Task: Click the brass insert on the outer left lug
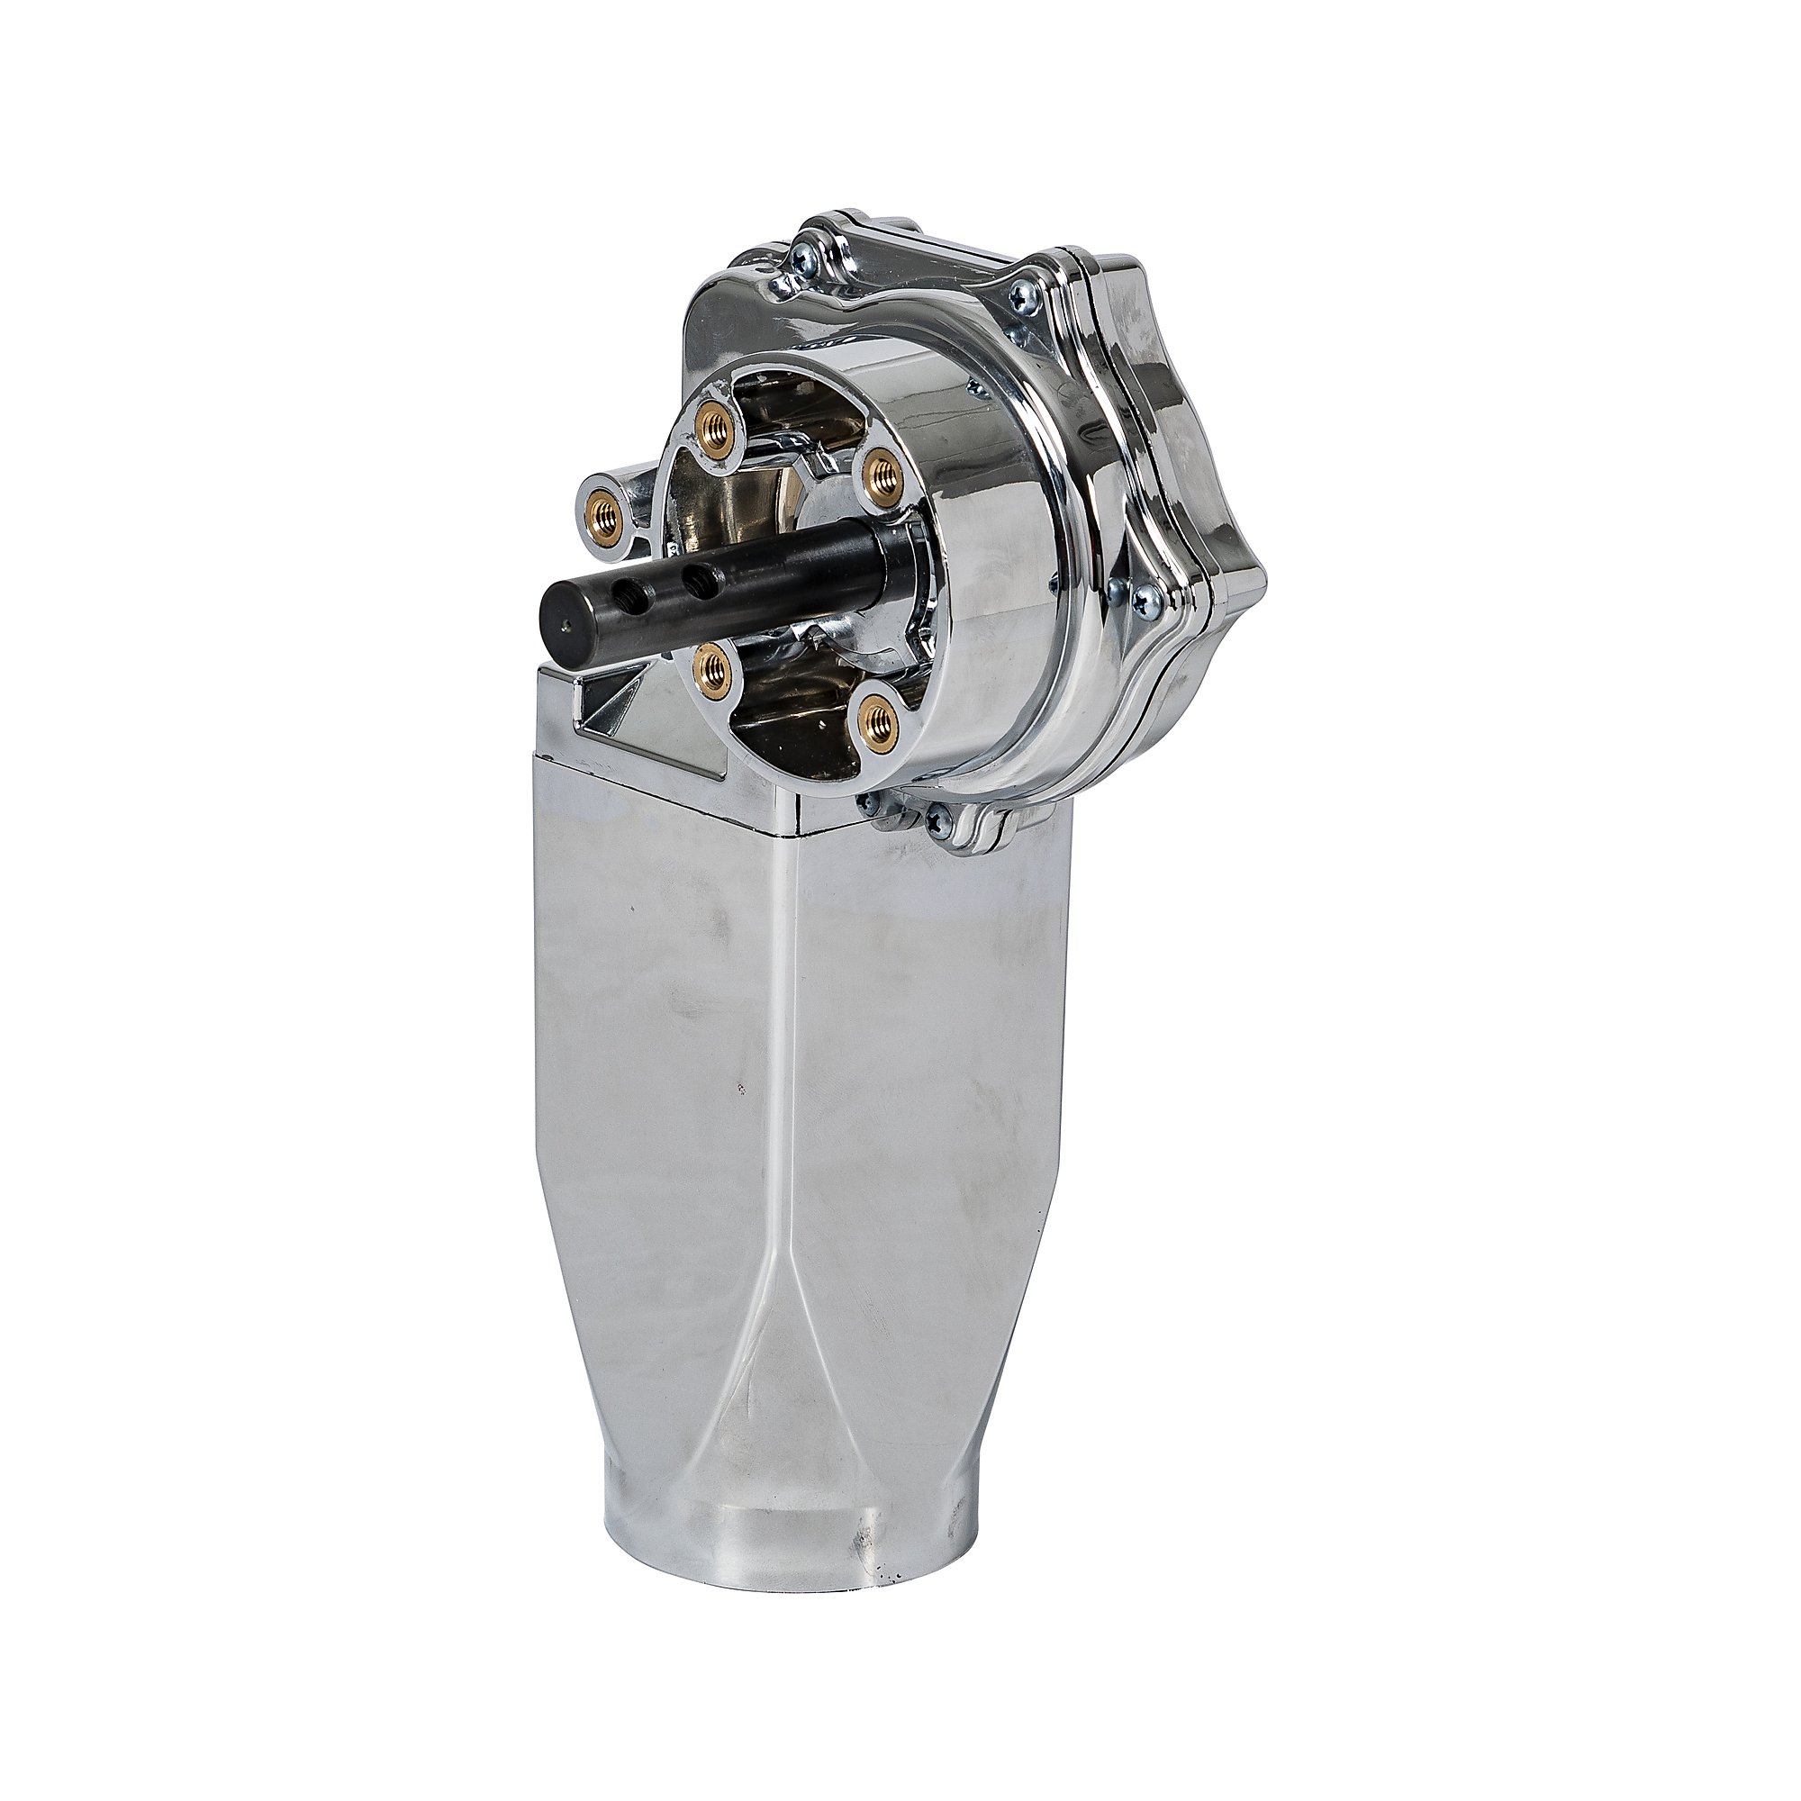point(606,510)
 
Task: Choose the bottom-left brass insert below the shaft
point(715,665)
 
